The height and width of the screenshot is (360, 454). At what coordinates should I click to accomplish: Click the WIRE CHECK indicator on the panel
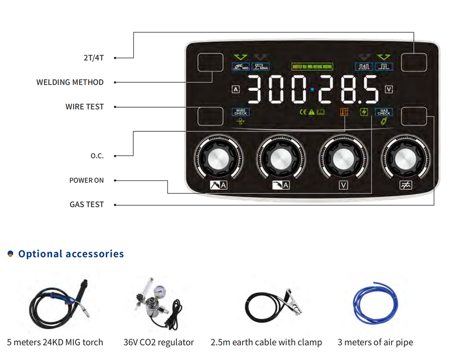click(240, 112)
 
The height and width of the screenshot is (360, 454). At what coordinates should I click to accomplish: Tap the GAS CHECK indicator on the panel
click(384, 112)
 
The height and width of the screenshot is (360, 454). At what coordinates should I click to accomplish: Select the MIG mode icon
click(241, 67)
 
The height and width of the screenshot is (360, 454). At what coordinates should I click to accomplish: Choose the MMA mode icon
click(260, 67)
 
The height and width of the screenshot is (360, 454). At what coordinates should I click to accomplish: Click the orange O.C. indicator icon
click(343, 112)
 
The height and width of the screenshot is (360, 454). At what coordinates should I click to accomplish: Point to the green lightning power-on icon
click(365, 112)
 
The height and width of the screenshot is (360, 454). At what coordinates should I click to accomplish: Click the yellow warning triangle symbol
click(311, 112)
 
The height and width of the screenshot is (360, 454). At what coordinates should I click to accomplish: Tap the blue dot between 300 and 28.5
click(312, 89)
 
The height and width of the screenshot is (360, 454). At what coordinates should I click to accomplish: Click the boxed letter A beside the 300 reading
click(236, 89)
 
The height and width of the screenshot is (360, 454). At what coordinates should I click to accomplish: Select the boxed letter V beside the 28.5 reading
click(389, 89)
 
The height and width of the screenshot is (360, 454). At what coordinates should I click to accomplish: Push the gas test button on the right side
click(414, 116)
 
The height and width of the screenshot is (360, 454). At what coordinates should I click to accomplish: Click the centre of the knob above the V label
click(343, 159)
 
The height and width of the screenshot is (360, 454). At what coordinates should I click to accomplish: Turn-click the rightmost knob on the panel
click(406, 159)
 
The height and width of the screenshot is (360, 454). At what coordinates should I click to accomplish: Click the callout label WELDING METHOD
click(70, 82)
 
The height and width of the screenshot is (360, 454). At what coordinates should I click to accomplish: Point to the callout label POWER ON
click(87, 180)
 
